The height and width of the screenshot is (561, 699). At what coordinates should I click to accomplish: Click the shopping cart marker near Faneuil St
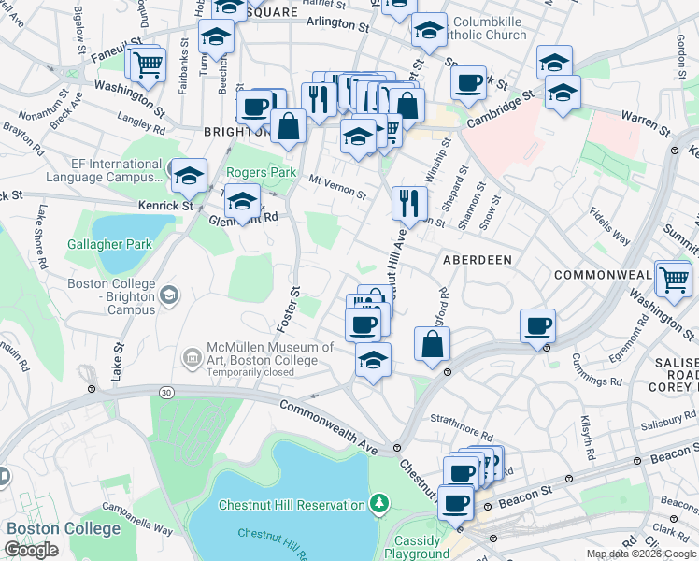point(148,65)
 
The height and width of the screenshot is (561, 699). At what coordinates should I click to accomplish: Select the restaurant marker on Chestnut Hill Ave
point(409,202)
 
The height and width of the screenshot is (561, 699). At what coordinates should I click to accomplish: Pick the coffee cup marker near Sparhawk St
point(468,82)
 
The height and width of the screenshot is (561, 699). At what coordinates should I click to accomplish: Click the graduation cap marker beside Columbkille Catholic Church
point(429,32)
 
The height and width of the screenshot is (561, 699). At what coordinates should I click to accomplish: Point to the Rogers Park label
point(261,173)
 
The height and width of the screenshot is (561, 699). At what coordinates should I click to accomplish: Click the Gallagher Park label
point(109,245)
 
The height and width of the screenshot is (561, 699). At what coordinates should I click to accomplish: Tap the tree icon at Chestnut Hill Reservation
point(378,505)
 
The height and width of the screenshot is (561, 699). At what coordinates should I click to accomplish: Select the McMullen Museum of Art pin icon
point(191,356)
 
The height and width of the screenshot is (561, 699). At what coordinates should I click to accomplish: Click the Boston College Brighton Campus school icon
point(169,295)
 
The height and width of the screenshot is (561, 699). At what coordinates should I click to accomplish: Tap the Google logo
point(31,550)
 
